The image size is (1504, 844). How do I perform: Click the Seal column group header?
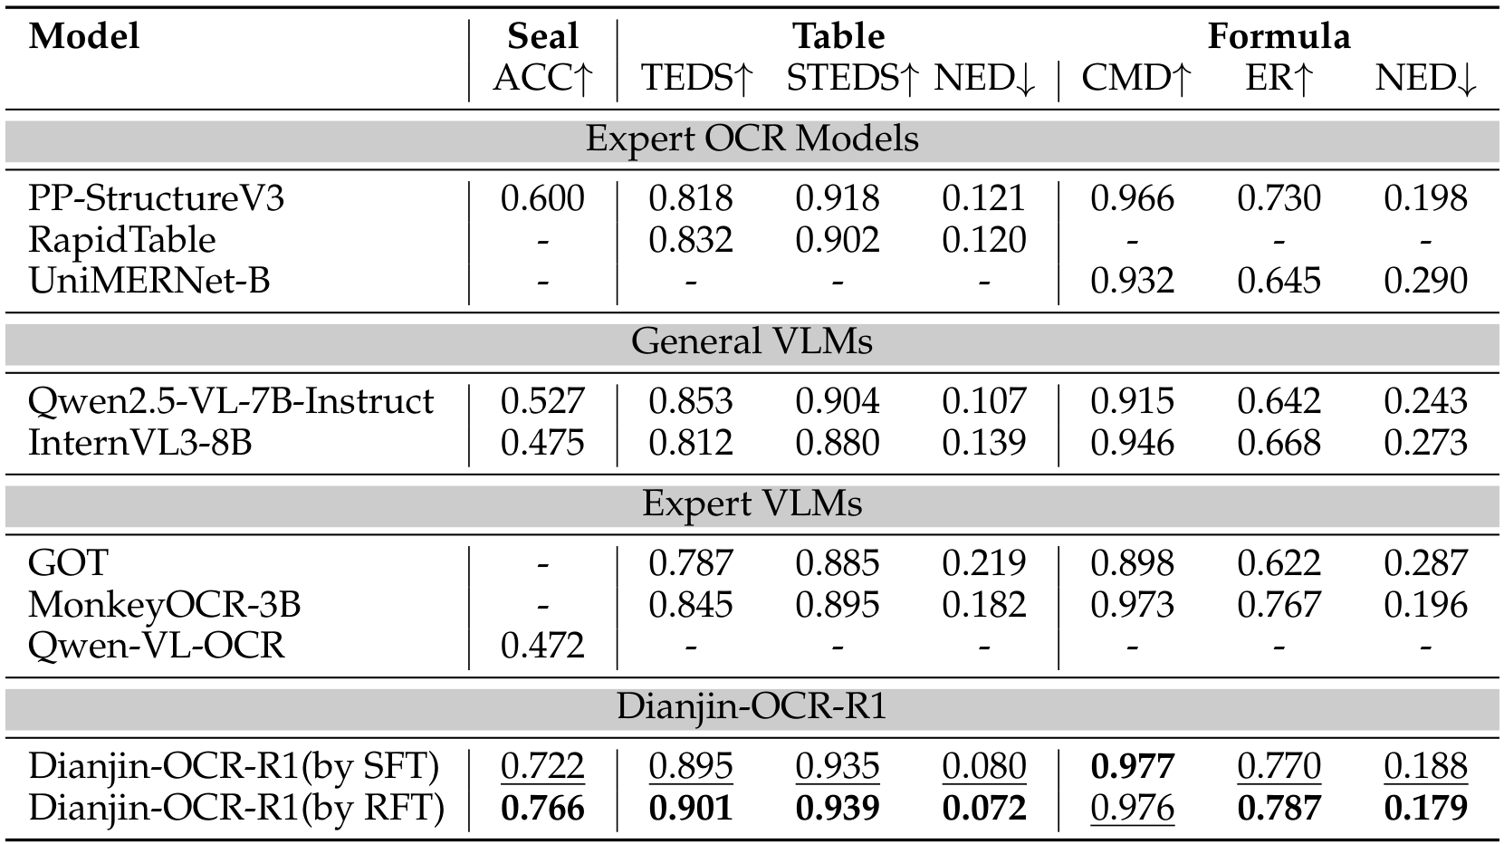[542, 36]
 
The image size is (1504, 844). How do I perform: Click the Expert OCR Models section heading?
[752, 139]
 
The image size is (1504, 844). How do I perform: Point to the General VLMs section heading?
[752, 341]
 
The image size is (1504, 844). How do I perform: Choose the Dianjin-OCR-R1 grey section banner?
[752, 706]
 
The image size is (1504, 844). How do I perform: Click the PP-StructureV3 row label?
[156, 198]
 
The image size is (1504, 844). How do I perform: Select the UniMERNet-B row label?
[148, 281]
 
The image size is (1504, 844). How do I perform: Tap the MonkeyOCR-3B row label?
[164, 604]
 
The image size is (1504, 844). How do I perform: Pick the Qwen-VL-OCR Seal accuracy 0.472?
[542, 646]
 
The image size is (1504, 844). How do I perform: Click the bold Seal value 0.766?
[542, 808]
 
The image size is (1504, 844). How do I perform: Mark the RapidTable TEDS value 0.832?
[690, 240]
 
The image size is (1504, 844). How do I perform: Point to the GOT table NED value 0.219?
[983, 563]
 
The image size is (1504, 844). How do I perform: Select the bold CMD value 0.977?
[1132, 767]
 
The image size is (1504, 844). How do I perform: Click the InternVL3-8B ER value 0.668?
[1279, 443]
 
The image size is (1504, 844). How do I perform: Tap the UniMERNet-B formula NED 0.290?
[1425, 281]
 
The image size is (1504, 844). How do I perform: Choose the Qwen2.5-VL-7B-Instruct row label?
[231, 401]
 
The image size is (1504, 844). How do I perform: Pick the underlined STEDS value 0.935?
[837, 767]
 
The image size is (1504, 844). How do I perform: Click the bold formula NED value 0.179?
[1425, 808]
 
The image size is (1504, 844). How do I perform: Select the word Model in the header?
[84, 36]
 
